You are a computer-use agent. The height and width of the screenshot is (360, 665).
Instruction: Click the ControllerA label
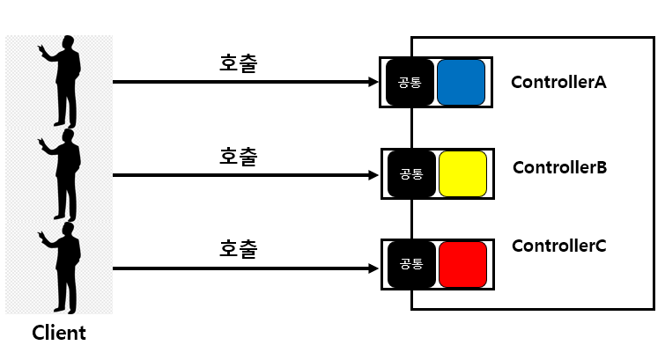pyautogui.click(x=558, y=83)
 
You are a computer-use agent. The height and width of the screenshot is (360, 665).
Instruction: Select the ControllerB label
pyautogui.click(x=559, y=167)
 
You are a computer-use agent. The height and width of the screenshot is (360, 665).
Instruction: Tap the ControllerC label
pyautogui.click(x=558, y=246)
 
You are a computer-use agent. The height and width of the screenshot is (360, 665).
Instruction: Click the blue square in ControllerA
pyautogui.click(x=461, y=83)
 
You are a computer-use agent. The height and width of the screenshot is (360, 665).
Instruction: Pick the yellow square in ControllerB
pyautogui.click(x=462, y=173)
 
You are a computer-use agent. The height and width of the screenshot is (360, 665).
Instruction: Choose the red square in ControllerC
pyautogui.click(x=462, y=264)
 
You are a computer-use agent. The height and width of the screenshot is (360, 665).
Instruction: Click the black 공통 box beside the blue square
pyautogui.click(x=410, y=83)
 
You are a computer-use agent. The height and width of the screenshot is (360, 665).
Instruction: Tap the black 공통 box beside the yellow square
pyautogui.click(x=411, y=173)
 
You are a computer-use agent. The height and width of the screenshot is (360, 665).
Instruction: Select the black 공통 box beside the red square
pyautogui.click(x=411, y=264)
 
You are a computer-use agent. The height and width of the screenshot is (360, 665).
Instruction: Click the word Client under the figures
pyautogui.click(x=59, y=334)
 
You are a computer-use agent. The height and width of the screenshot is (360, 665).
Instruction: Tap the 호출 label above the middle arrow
pyautogui.click(x=238, y=156)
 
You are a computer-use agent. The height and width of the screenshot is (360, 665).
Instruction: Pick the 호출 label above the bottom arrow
pyautogui.click(x=238, y=248)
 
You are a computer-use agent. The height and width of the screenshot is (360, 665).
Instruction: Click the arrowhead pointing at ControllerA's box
pyautogui.click(x=373, y=82)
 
